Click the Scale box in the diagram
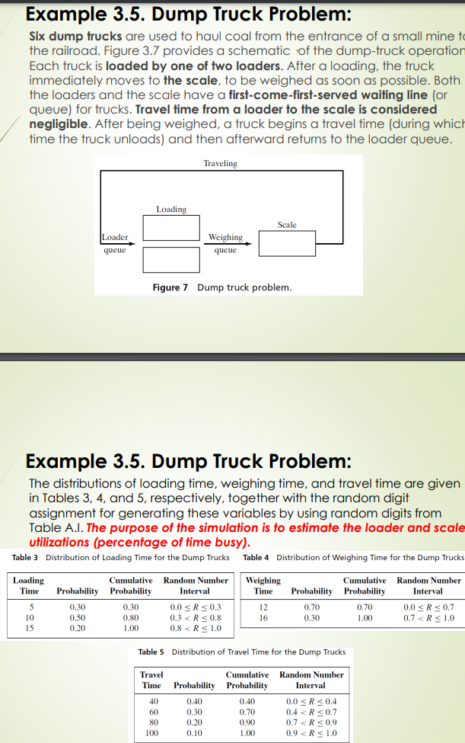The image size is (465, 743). pos(286,244)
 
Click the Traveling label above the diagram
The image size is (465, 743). pos(220,163)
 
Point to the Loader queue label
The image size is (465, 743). pos(115,243)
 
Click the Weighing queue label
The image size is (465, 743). pos(225,243)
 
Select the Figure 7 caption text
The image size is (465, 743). pos(221,287)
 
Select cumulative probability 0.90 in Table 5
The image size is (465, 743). pos(247,722)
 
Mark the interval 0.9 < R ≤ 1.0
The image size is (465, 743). pos(311,732)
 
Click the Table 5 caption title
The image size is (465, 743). pos(241,652)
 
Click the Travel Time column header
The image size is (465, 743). pos(151,680)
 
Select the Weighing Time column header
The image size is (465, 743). pos(263,585)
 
